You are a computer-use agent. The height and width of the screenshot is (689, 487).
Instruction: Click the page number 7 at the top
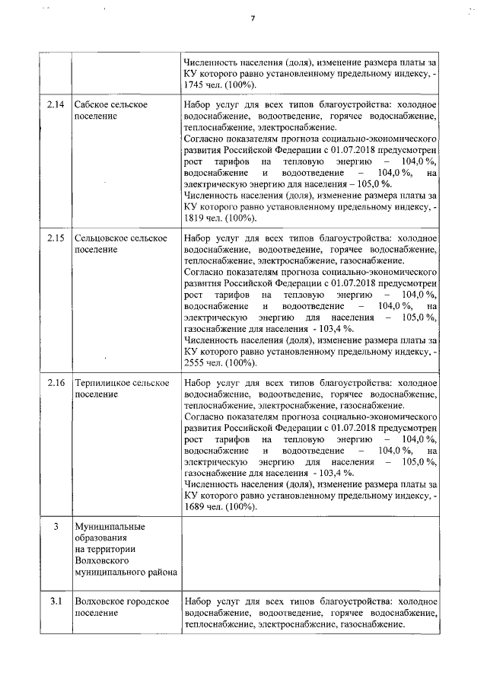click(253, 19)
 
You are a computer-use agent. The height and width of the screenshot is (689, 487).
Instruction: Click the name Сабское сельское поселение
click(110, 110)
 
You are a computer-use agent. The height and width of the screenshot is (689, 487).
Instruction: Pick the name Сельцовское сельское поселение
click(120, 244)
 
